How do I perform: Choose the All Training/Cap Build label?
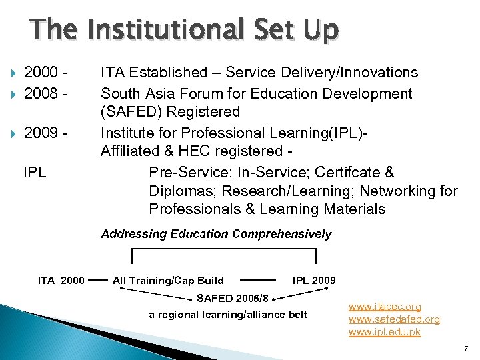[169, 280]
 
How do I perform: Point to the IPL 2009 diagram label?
[314, 280]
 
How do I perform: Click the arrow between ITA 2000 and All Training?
[99, 280]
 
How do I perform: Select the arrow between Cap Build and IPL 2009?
[258, 280]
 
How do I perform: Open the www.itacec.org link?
[385, 307]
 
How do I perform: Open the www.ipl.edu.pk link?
[385, 331]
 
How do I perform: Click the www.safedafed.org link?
[394, 319]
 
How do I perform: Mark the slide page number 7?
[466, 348]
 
